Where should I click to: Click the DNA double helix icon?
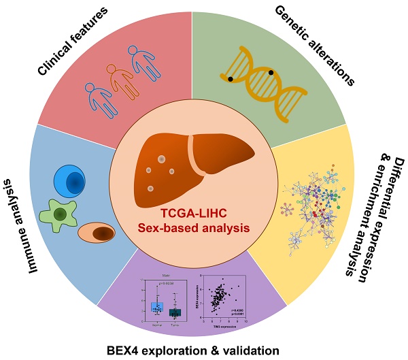(262, 76)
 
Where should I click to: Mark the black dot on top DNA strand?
(271, 71)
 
